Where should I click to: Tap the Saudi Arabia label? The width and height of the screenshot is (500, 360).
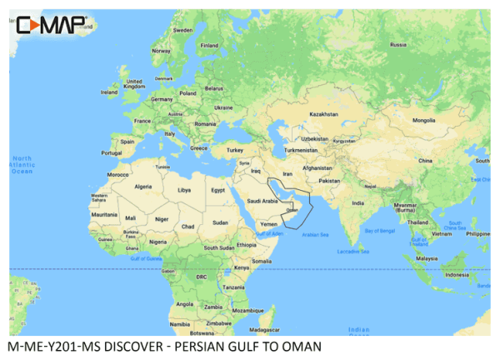[x=258, y=200]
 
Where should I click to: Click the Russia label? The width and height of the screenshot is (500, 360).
[x=398, y=44]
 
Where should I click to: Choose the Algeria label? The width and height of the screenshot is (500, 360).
[x=144, y=187]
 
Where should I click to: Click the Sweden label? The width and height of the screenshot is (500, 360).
[x=182, y=30]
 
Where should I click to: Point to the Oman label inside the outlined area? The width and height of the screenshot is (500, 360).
[x=292, y=211]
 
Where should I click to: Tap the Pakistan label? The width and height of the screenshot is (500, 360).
[x=330, y=180]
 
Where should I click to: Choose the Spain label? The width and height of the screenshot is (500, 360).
[x=127, y=142]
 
